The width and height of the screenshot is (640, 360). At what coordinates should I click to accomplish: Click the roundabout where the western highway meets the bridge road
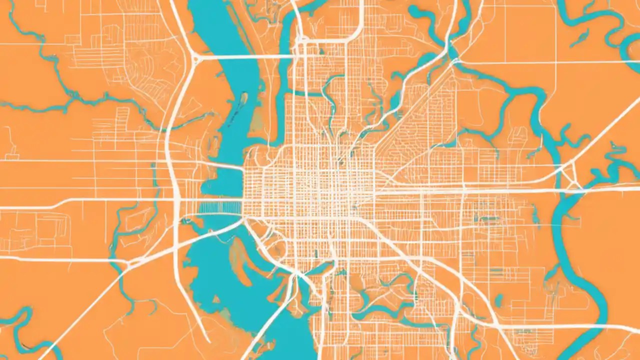[x=195, y=58]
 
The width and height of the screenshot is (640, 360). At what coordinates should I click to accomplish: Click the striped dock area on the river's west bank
[x=220, y=206]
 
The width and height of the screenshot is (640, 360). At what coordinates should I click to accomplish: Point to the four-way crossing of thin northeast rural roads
[x=555, y=62]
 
